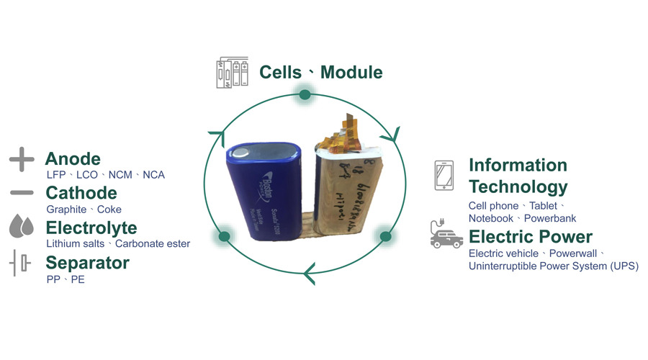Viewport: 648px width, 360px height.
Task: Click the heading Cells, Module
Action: tap(321, 72)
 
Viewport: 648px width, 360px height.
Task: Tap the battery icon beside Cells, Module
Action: tap(231, 73)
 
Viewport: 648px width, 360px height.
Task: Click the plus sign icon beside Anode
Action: tap(22, 159)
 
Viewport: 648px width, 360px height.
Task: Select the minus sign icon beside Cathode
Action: tap(22, 193)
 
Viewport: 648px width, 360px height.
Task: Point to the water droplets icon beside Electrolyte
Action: tap(22, 227)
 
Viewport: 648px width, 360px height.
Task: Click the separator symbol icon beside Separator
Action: tap(22, 263)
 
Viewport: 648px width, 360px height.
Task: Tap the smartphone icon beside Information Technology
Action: tap(444, 176)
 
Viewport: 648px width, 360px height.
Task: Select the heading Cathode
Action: tap(81, 193)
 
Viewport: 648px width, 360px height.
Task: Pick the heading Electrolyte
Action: tap(91, 228)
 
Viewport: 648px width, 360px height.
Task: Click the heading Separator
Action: tap(87, 263)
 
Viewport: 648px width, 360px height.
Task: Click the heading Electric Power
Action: tap(531, 237)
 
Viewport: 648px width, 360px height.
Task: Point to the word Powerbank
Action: tap(550, 218)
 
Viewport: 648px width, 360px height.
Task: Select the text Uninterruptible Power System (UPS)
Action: tap(553, 266)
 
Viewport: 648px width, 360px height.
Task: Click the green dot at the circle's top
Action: tap(305, 94)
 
